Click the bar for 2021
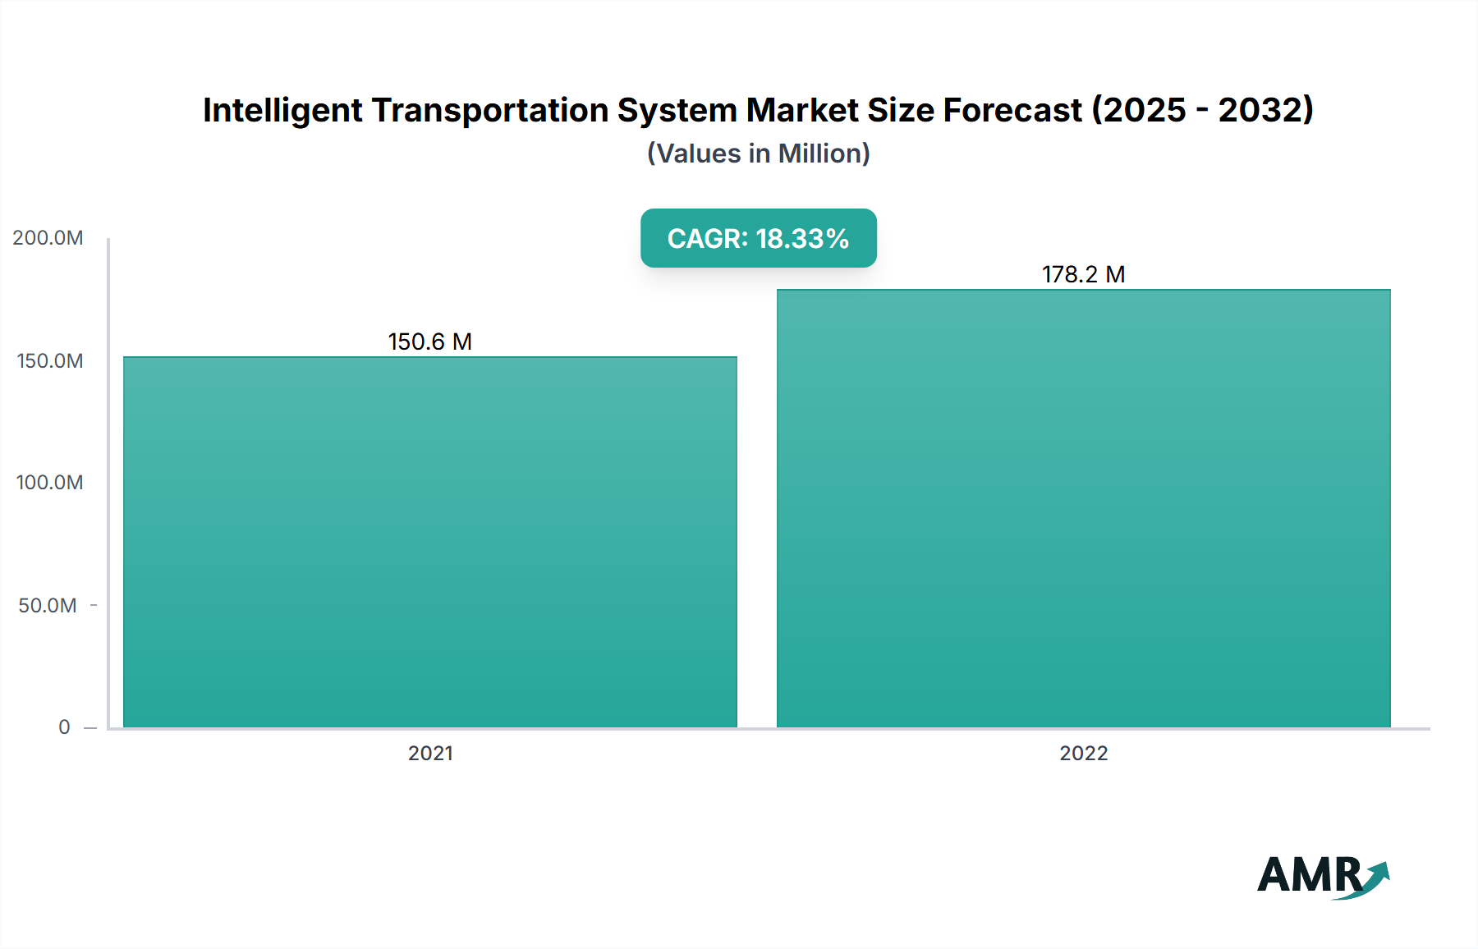(430, 542)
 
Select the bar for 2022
(1084, 509)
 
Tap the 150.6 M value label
(430, 342)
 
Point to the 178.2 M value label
(1084, 274)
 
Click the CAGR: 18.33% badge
(758, 238)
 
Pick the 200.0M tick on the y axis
(48, 238)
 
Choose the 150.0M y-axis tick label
(49, 361)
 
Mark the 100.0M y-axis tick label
(49, 483)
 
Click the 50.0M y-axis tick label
(48, 606)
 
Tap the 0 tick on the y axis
(64, 727)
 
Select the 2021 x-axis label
(430, 754)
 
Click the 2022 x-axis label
(1084, 754)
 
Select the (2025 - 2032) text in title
(1203, 110)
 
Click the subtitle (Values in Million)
(758, 154)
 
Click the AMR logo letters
(1309, 875)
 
